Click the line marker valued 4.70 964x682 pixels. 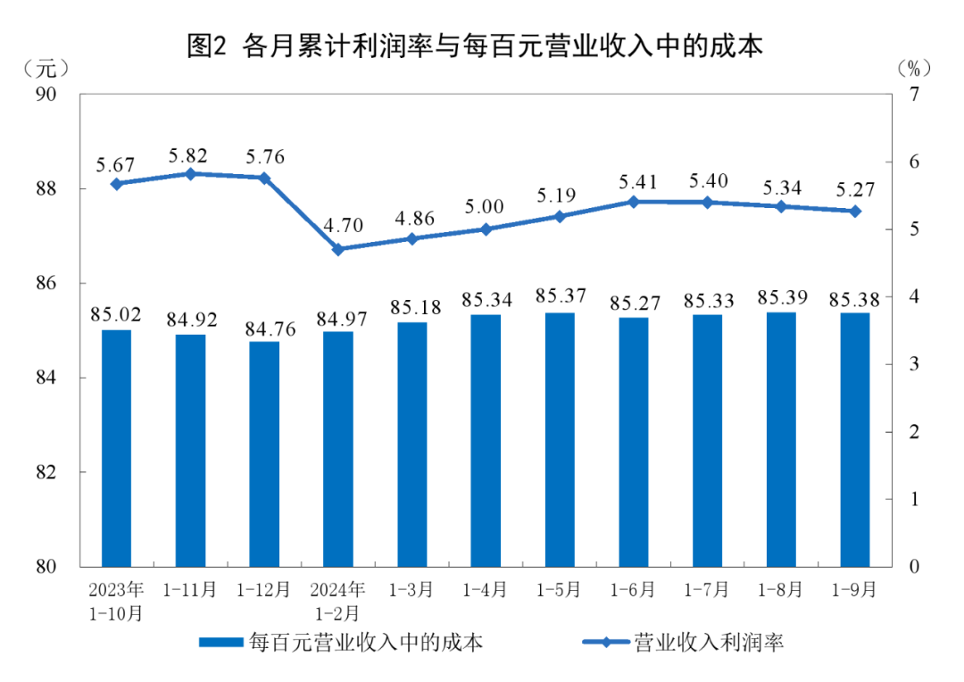338,250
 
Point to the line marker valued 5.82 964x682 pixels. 190,174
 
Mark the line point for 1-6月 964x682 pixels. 634,202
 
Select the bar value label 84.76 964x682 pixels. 264,325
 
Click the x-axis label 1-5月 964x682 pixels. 560,590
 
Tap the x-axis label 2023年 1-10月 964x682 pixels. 117,601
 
